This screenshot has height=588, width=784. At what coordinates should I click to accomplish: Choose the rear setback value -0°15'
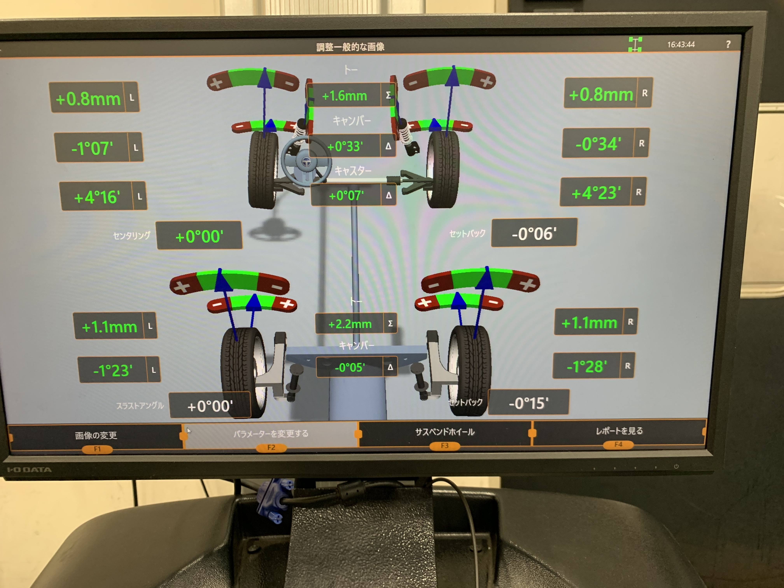pyautogui.click(x=528, y=403)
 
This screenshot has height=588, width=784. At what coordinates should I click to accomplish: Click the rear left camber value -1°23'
pyautogui.click(x=113, y=370)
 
